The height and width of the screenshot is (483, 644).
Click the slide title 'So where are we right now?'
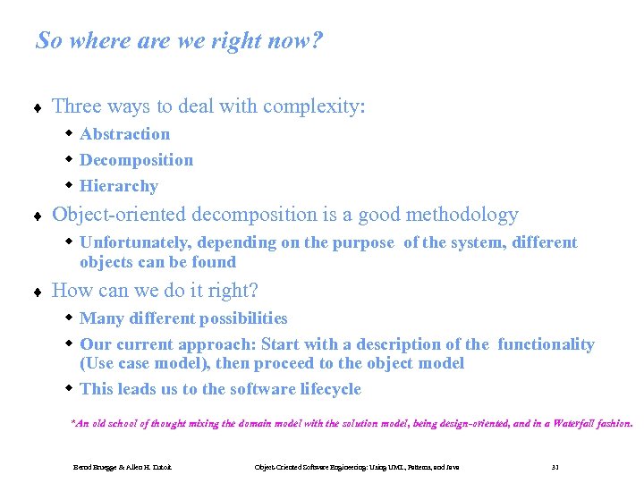click(x=179, y=41)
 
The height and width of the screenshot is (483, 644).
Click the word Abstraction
click(x=124, y=134)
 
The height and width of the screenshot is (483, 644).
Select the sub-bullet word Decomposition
click(x=136, y=160)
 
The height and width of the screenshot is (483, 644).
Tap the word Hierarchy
click(x=118, y=186)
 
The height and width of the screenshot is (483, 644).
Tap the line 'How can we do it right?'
click(x=156, y=291)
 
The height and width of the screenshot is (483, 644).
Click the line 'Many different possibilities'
click(x=183, y=318)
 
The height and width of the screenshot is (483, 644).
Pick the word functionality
click(x=546, y=344)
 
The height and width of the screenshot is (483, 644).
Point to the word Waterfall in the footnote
click(x=579, y=424)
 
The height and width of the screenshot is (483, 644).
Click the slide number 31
click(x=555, y=467)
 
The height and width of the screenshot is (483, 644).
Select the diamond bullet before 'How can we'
click(x=38, y=292)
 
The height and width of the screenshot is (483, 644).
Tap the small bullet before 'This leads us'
click(x=69, y=388)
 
